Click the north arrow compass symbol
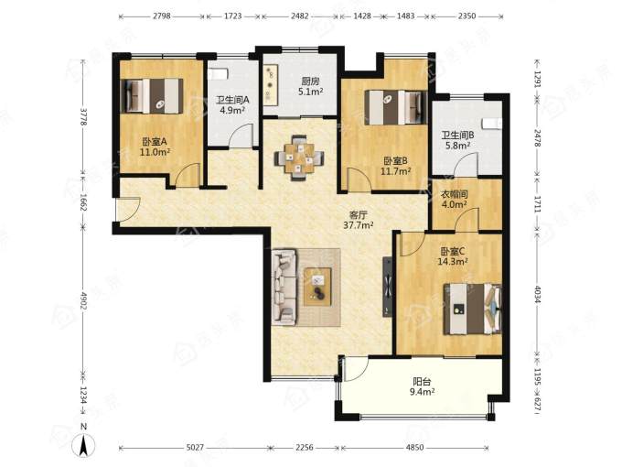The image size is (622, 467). click(83, 444)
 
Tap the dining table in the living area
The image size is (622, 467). click(299, 158)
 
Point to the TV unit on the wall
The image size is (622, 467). click(388, 287)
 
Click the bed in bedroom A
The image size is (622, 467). click(152, 96)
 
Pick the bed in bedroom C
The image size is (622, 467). click(473, 309)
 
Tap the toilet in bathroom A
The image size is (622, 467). click(219, 74)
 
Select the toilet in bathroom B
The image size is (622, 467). click(491, 123)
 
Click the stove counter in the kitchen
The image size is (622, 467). click(271, 84)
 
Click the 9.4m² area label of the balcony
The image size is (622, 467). click(422, 392)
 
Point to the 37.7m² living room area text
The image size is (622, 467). click(359, 225)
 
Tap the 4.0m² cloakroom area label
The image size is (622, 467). click(455, 204)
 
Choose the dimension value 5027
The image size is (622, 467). click(195, 448)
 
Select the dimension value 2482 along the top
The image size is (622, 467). click(299, 16)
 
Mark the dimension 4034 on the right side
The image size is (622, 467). click(538, 294)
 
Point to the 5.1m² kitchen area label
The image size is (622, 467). click(310, 92)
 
